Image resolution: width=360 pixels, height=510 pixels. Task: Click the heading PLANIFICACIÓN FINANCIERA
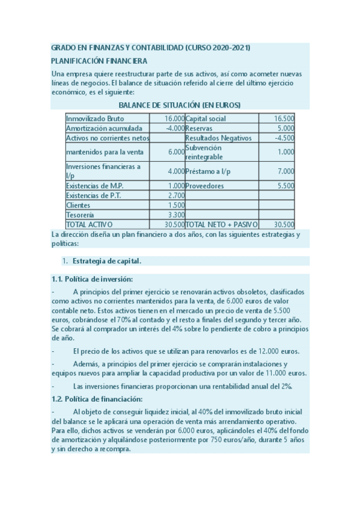(99, 61)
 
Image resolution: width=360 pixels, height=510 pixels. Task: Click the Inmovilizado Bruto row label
(95, 118)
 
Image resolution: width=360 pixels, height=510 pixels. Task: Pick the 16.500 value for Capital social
(284, 118)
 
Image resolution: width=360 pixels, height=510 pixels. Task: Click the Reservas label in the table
(199, 128)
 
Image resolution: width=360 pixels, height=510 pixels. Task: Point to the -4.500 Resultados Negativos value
(284, 138)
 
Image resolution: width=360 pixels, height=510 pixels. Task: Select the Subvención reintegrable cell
(204, 152)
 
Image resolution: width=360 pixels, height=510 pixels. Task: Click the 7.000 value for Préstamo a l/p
(285, 171)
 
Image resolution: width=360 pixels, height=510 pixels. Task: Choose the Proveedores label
(204, 186)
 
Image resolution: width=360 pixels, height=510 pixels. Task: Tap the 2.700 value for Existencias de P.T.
(176, 195)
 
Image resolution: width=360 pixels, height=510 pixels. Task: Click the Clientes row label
(78, 205)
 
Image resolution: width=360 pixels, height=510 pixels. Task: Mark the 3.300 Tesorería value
(176, 215)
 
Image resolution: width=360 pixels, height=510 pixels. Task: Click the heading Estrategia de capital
(107, 261)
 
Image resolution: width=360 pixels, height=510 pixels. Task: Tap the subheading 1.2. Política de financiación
(97, 399)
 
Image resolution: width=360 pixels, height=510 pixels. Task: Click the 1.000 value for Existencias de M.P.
(176, 186)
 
